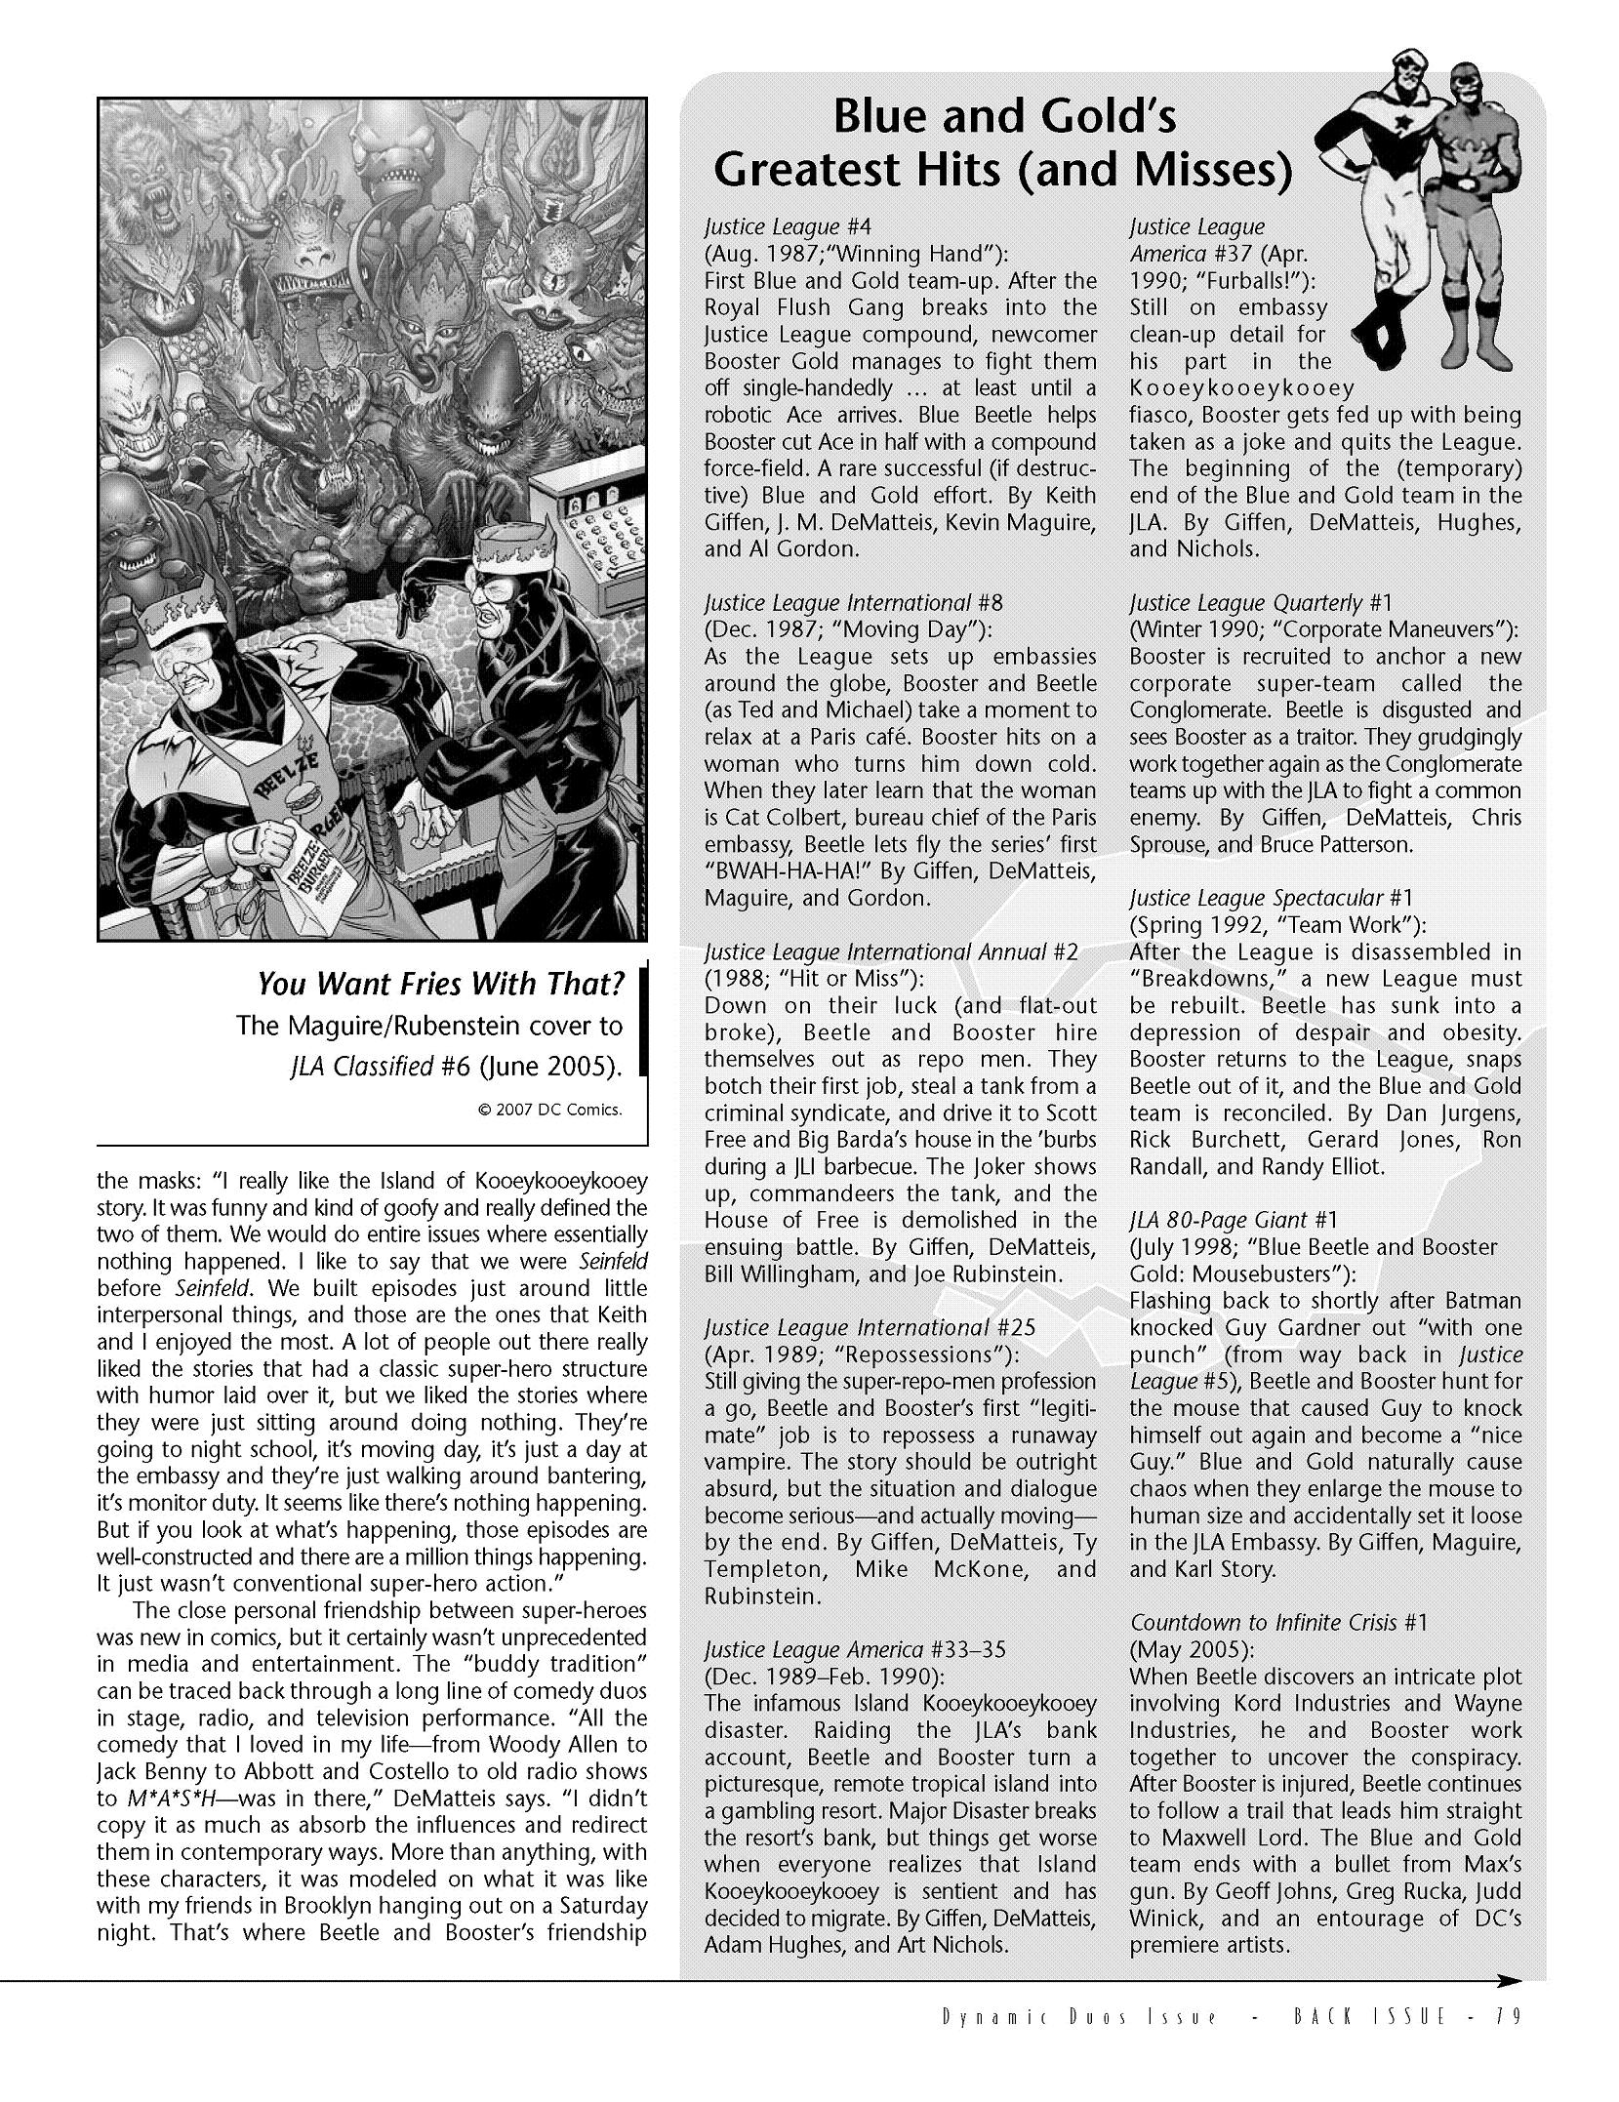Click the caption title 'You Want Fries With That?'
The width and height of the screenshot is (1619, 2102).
click(440, 984)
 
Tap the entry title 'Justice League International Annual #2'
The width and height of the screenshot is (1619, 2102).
click(890, 951)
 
